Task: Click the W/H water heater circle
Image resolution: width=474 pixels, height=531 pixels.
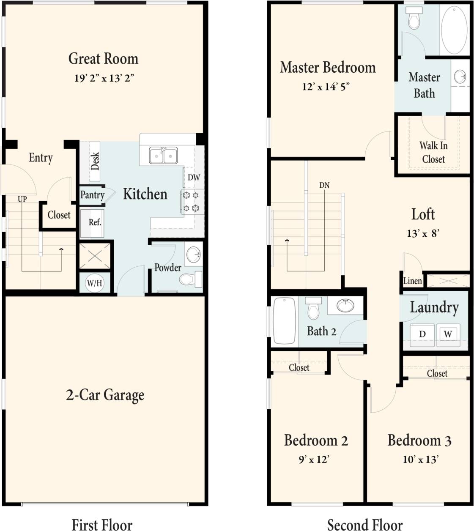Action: tap(94, 283)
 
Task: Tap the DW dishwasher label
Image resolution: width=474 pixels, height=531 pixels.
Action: tap(194, 178)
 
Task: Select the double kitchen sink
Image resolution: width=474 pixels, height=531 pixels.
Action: tap(163, 156)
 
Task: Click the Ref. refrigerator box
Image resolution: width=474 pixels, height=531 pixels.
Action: tap(94, 222)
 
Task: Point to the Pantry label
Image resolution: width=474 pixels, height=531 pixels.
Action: tap(92, 194)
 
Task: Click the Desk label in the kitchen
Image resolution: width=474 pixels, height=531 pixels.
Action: tap(95, 161)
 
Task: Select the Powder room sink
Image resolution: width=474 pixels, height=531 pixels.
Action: tap(194, 255)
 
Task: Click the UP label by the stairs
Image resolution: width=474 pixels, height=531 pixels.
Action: tap(22, 199)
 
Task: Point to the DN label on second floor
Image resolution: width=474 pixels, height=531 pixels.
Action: tap(324, 185)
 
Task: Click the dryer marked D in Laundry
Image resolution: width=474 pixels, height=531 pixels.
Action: tap(422, 334)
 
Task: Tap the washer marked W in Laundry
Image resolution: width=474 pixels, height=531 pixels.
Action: tap(448, 334)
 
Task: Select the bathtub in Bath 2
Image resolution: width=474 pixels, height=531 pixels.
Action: tap(284, 320)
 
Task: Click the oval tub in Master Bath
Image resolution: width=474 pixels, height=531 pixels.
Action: tap(454, 30)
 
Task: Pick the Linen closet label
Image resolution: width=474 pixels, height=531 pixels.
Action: tap(412, 281)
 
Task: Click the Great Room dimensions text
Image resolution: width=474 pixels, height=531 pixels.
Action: tap(104, 78)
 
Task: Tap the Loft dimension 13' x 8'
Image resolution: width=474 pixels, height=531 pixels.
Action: tap(423, 233)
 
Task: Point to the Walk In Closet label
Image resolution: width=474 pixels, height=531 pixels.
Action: tap(433, 152)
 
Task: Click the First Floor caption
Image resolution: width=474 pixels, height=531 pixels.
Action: tap(102, 525)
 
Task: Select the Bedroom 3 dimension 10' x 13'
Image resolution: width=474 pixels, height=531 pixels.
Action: tap(420, 460)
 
